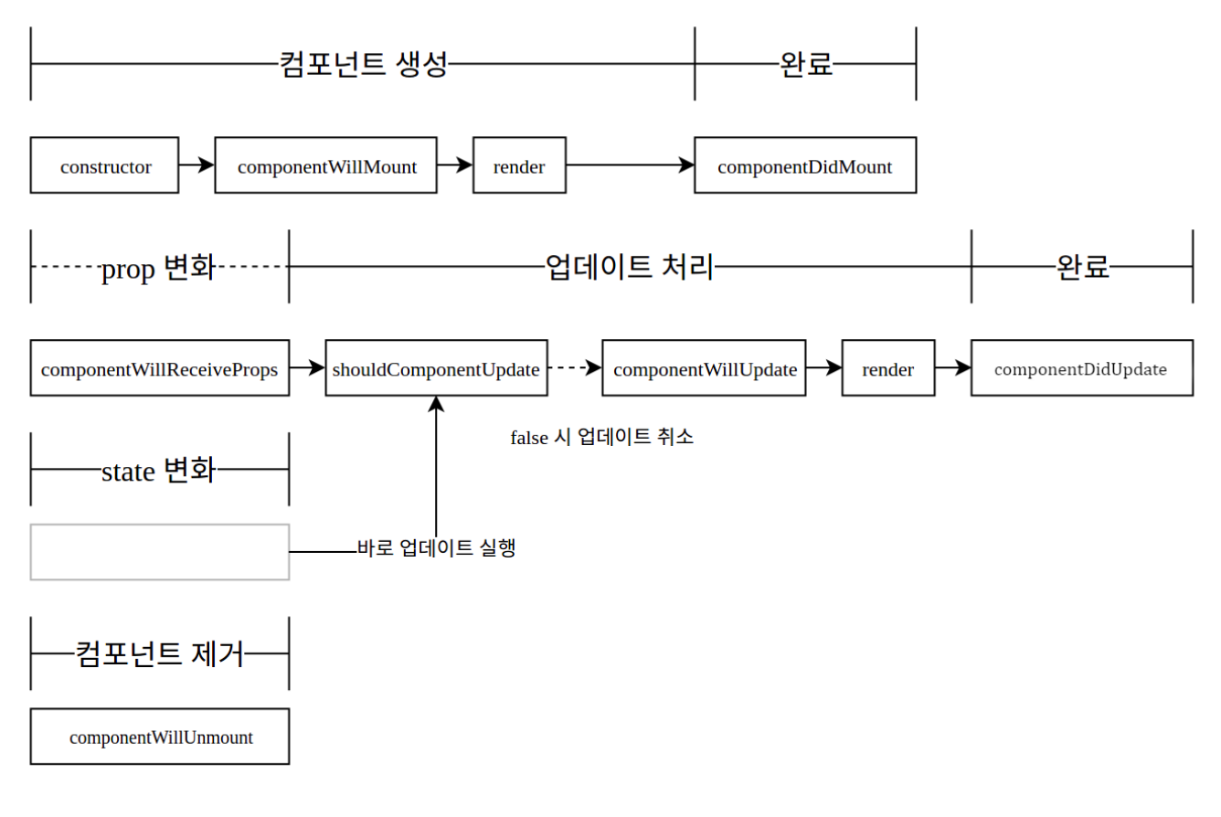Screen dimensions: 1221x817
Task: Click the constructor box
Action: click(104, 165)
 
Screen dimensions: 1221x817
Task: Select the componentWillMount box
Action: click(326, 165)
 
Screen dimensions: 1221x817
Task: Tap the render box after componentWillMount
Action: click(519, 165)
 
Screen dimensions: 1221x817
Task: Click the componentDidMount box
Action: click(806, 165)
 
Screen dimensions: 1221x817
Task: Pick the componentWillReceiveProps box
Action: click(160, 368)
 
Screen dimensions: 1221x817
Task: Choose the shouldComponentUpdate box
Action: click(437, 368)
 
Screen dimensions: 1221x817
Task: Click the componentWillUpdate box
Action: click(705, 368)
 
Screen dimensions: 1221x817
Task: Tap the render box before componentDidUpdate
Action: click(888, 368)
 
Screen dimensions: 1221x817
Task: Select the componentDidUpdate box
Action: click(1082, 368)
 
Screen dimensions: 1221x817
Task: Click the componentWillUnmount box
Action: click(160, 737)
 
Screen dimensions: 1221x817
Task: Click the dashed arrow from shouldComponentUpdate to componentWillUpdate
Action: click(575, 368)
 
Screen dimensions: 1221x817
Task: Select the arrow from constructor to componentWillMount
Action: click(196, 164)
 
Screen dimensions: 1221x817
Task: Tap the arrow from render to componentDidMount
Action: click(631, 164)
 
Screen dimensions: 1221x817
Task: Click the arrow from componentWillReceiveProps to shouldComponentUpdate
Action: click(307, 367)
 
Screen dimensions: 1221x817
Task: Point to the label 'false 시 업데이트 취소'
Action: click(601, 437)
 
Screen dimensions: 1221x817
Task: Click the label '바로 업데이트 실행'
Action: click(436, 547)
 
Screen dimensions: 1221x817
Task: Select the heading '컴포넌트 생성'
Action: click(364, 64)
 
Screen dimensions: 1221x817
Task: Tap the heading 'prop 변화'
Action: click(159, 268)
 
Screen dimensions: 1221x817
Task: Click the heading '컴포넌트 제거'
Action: click(160, 653)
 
